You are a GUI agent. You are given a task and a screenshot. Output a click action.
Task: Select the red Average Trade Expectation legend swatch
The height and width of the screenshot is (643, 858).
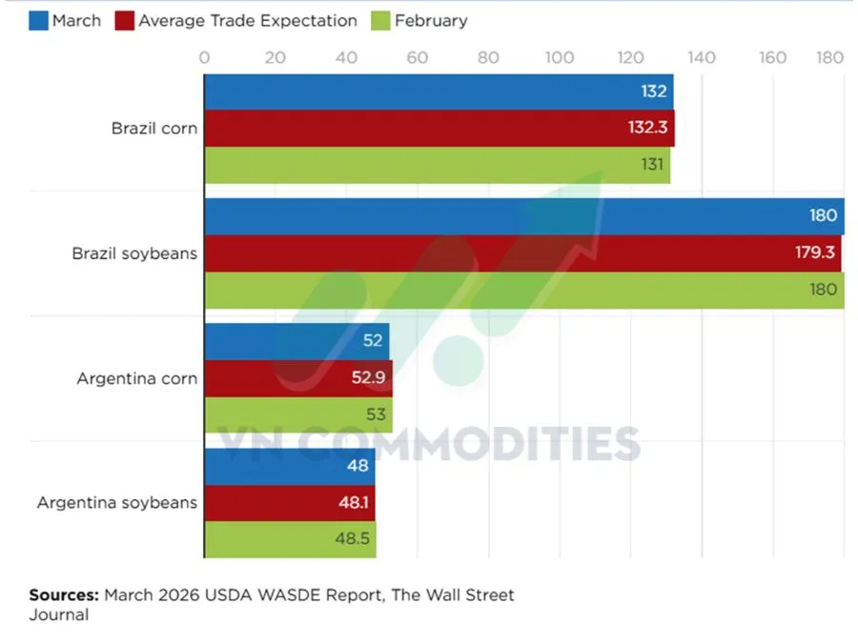point(124,20)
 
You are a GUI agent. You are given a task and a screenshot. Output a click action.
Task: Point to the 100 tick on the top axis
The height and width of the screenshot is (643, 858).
point(560,58)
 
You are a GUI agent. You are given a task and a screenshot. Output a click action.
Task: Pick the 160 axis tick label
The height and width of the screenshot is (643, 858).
point(772,58)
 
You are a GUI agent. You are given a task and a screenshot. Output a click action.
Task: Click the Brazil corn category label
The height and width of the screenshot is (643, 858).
point(153,129)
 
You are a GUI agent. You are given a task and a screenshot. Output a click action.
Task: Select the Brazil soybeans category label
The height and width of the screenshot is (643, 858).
point(134,253)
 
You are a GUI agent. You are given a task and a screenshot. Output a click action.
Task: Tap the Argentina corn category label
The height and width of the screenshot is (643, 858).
point(137,378)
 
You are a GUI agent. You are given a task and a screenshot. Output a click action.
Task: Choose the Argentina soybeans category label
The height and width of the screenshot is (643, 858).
point(117,502)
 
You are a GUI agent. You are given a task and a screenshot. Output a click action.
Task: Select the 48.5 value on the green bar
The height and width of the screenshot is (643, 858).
point(354,539)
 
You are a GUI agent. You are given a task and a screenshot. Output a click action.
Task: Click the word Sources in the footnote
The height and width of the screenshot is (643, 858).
point(64,595)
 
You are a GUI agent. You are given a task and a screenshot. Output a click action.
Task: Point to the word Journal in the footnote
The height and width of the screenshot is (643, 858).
point(59,615)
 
